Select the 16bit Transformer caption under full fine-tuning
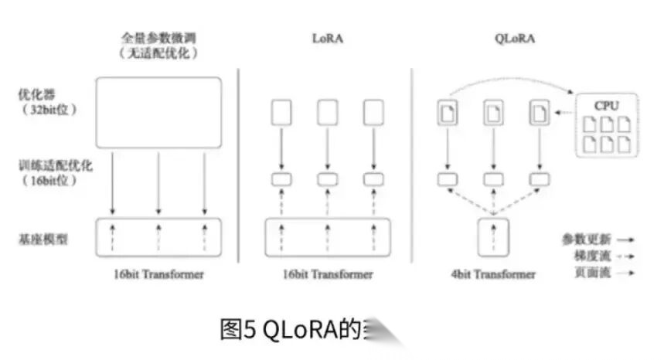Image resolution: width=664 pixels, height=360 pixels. (158, 274)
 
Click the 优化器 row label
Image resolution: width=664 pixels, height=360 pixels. (36, 95)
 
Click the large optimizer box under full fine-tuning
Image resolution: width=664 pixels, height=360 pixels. (158, 112)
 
